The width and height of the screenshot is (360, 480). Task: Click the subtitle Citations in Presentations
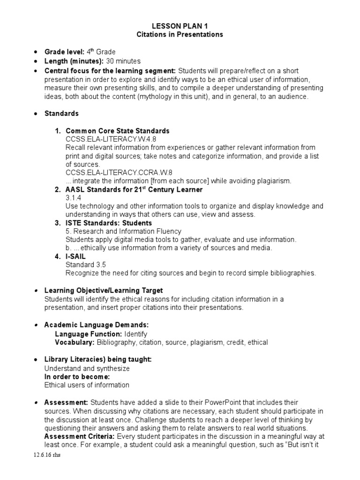click(x=180, y=35)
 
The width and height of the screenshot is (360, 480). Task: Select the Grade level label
click(x=64, y=52)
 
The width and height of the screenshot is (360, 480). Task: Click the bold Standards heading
click(x=61, y=113)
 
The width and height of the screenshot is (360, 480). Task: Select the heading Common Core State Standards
click(x=118, y=131)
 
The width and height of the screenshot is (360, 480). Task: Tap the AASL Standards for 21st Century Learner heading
click(x=134, y=189)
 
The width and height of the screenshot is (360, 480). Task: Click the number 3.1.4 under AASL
click(x=73, y=198)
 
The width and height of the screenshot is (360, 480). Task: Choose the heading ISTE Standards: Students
click(x=109, y=223)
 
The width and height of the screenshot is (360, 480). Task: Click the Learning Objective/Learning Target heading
click(x=103, y=291)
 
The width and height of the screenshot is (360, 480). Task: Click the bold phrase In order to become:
click(x=77, y=376)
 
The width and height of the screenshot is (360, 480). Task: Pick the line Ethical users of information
click(x=87, y=385)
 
